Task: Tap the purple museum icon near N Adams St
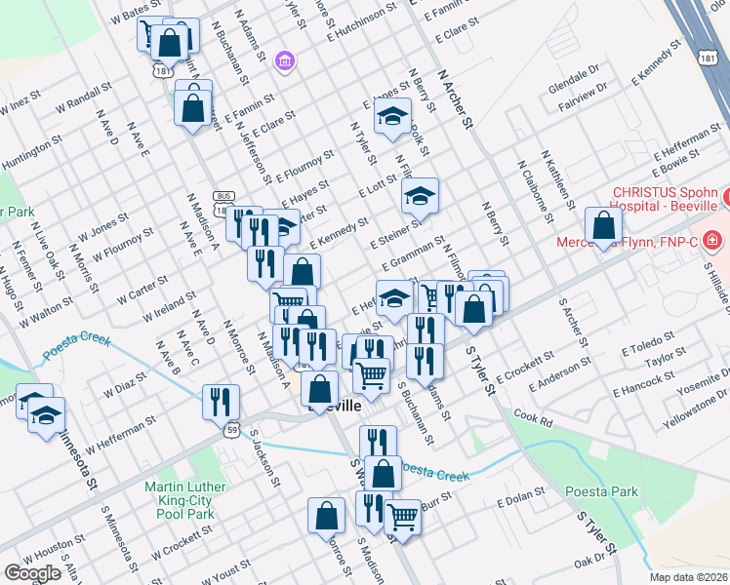tap(285, 61)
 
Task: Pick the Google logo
tap(33, 573)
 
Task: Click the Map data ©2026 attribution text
tap(687, 577)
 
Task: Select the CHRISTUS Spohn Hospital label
tap(664, 200)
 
